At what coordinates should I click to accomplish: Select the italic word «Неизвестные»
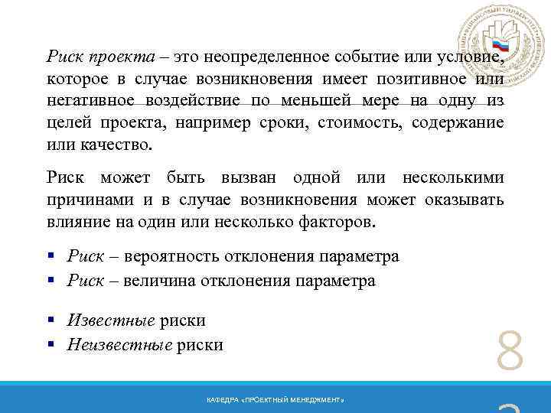click(x=119, y=345)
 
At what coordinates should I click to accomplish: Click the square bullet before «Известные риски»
click(x=51, y=320)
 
